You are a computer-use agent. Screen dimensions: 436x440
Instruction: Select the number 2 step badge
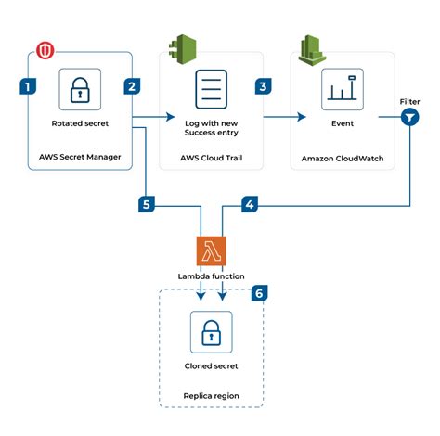132,86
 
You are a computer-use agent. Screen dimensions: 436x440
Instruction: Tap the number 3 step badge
264,86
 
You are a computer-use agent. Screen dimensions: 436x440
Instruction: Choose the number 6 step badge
260,293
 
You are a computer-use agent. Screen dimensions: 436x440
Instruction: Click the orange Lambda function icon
212,251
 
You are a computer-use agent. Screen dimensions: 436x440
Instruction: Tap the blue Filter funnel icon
409,117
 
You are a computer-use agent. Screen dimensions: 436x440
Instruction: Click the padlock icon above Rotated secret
80,89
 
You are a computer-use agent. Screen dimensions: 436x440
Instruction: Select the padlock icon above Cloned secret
211,330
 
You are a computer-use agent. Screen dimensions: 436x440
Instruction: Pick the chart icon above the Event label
342,89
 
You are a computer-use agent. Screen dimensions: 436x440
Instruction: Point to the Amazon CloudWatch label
342,158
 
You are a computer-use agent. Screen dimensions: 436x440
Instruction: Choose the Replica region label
211,395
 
